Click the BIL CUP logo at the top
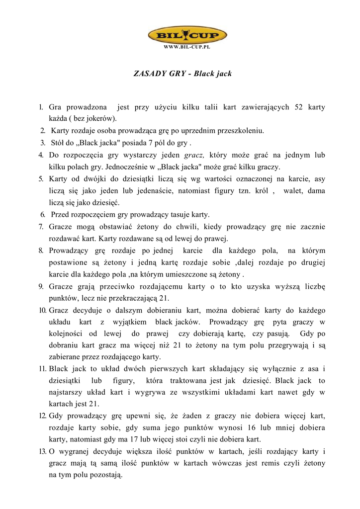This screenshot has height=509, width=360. pyautogui.click(x=187, y=36)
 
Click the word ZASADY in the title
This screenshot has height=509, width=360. pyautogui.click(x=151, y=74)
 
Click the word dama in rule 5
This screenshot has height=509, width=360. pyautogui.click(x=316, y=191)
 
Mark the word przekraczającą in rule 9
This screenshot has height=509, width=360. pyautogui.click(x=131, y=298)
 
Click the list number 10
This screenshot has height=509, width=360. pyautogui.click(x=42, y=310)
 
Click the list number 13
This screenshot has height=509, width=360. pyautogui.click(x=42, y=451)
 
